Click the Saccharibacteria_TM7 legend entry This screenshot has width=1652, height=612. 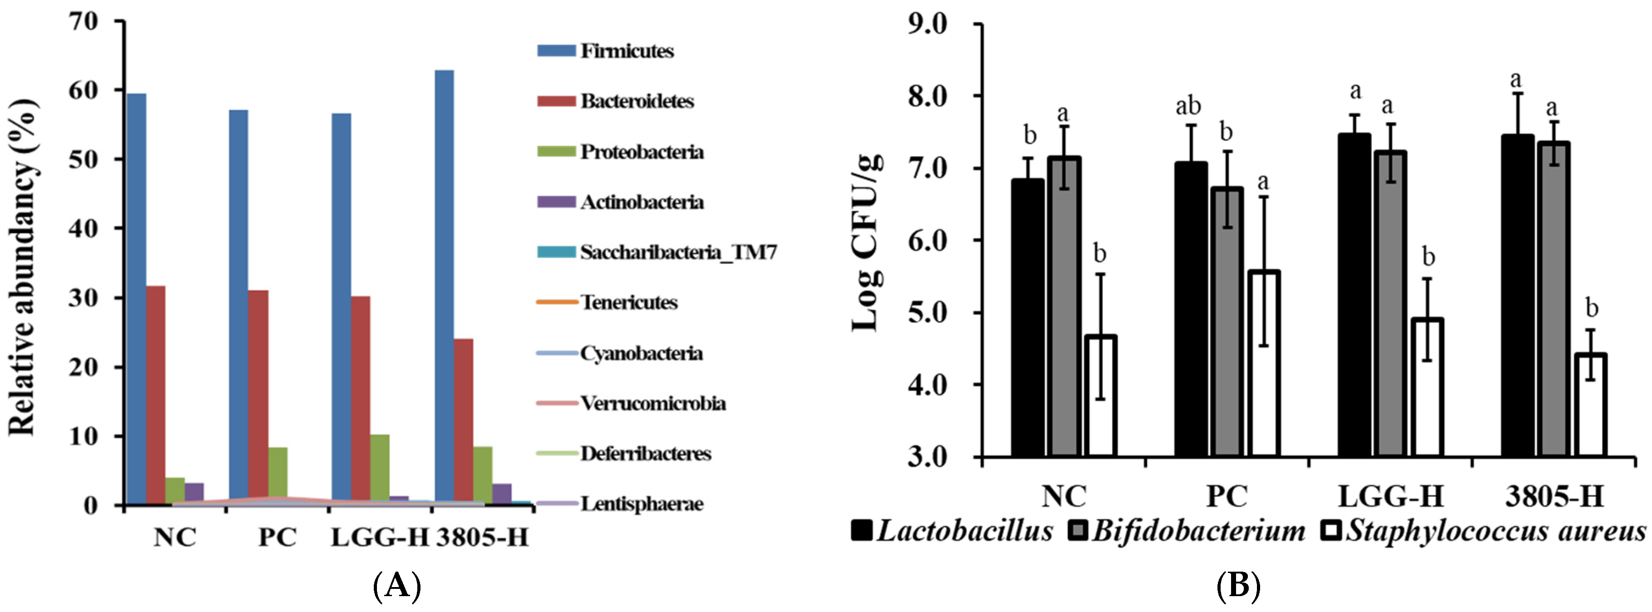pyautogui.click(x=677, y=252)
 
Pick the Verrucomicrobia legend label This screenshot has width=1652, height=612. pyautogui.click(x=653, y=403)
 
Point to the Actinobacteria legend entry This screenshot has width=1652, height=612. pyautogui.click(x=641, y=202)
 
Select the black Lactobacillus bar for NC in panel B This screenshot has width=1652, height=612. pyautogui.click(x=1028, y=317)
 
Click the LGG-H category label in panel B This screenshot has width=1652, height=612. pyautogui.click(x=1390, y=496)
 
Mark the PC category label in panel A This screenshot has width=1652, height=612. pyautogui.click(x=277, y=537)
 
